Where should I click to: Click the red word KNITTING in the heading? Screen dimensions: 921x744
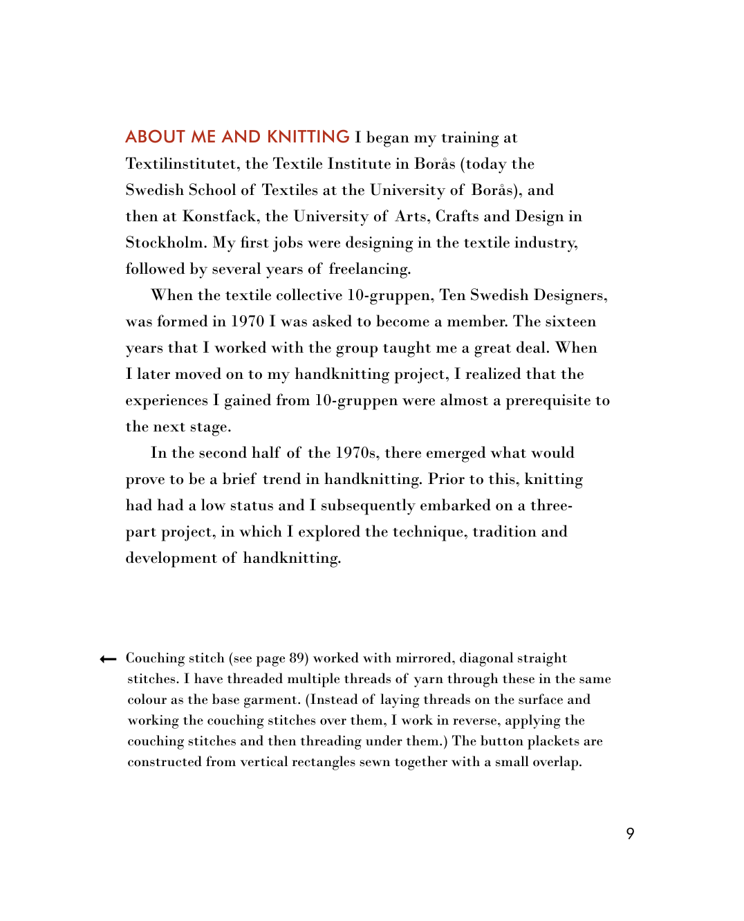pyautogui.click(x=308, y=137)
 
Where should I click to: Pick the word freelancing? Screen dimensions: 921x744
pyautogui.click(x=370, y=269)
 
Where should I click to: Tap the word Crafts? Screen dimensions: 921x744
pyautogui.click(x=457, y=216)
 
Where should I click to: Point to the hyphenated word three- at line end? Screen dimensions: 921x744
pyautogui.click(x=551, y=505)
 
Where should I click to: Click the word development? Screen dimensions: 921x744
pyautogui.click(x=171, y=558)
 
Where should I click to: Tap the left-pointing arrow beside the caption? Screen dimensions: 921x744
pyautogui.click(x=108, y=659)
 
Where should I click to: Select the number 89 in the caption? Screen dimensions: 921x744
pyautogui.click(x=297, y=658)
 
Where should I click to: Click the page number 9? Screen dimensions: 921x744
pyautogui.click(x=630, y=833)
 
